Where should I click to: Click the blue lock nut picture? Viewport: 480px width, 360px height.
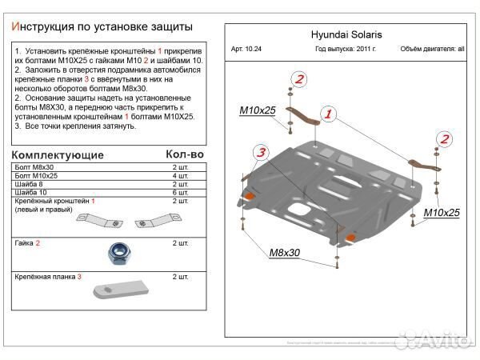coord(117,254)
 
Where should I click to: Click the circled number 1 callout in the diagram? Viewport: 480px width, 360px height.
coord(327,115)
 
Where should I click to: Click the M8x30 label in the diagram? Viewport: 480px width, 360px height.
coord(282,252)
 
